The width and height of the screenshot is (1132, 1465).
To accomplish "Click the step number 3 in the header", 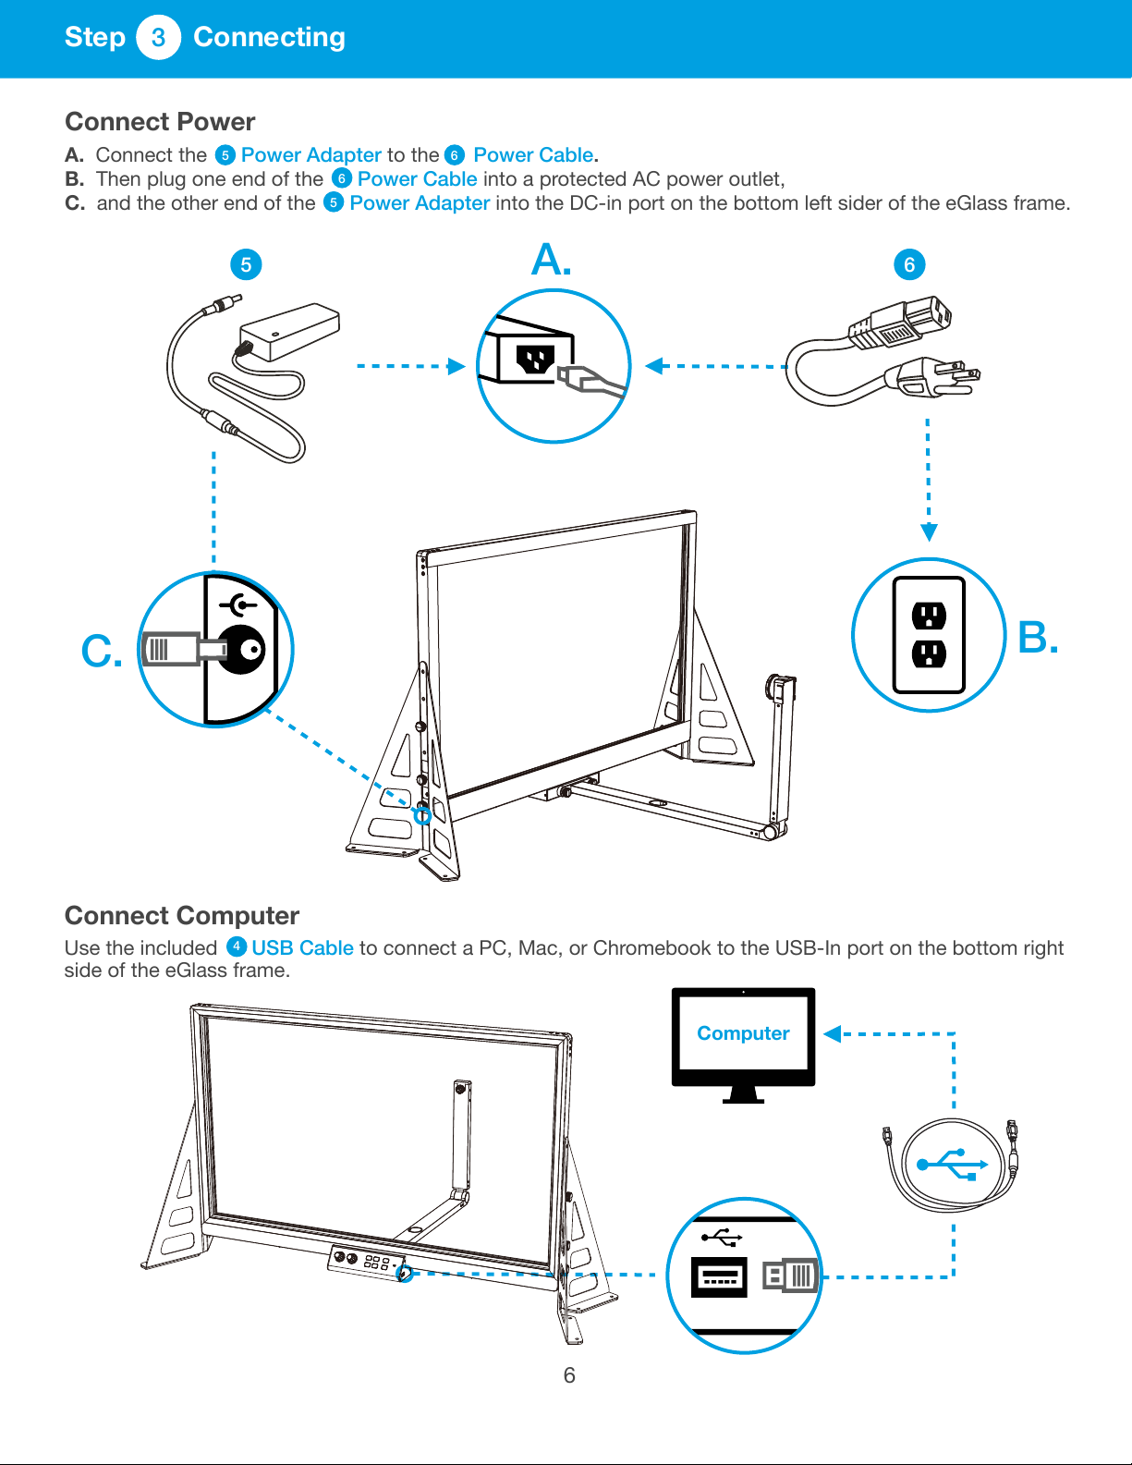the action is pos(158,37).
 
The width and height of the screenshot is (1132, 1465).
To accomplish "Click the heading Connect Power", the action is pos(160,122).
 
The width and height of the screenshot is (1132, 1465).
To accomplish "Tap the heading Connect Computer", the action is pos(182,916).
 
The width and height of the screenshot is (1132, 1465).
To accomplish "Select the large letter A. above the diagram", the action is pos(551,260).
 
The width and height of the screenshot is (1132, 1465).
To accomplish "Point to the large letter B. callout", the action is pos(1038,637).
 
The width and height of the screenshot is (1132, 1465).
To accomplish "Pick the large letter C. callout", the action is pos(102,652).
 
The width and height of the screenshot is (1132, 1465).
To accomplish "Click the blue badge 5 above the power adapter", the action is pos(246,264).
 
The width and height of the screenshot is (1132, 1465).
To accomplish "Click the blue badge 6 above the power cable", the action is pos(909,264).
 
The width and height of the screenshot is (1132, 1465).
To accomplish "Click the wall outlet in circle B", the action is pos(929,634).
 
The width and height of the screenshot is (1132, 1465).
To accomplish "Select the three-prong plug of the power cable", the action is pos(933,377).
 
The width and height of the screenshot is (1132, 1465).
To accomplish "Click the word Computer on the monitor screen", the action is pos(743,1032).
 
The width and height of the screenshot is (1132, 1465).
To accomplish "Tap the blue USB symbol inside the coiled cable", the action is pos(952,1165).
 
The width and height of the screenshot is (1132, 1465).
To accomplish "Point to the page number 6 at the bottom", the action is pos(569,1374).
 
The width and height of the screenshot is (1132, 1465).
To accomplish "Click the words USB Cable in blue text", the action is pos(302,948).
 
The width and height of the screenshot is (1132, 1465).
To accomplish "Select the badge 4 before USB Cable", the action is pos(237,946).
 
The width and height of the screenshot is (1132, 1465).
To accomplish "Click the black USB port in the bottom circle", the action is pos(719,1276).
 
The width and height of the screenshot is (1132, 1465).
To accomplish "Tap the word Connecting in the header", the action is pos(270,37).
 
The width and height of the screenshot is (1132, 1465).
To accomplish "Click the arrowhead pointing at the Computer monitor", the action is pos(833,1033).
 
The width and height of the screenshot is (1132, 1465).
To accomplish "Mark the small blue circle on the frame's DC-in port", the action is pos(422,816).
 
